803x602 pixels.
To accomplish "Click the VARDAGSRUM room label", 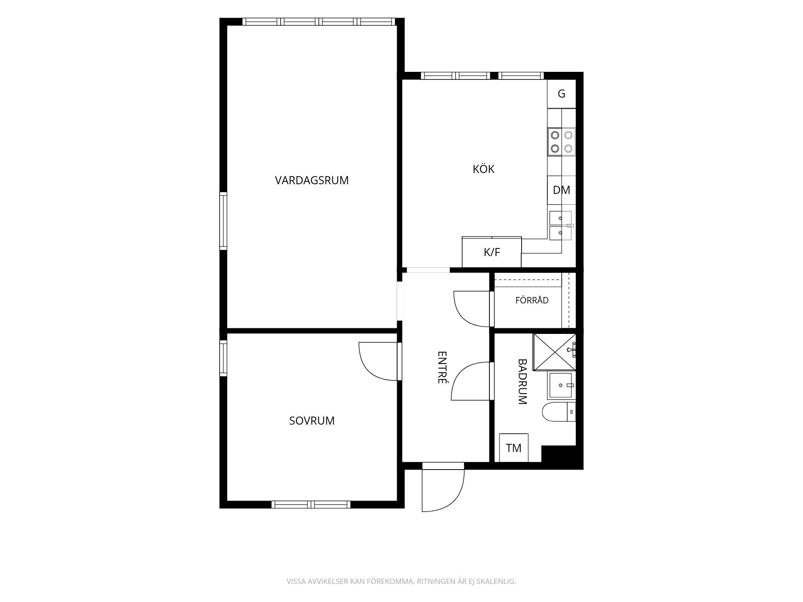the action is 312,181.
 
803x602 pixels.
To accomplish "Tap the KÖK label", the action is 483,169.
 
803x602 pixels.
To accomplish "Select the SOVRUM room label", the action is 312,421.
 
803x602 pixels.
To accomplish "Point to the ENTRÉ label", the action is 442,368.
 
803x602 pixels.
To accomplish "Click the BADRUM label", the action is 522,382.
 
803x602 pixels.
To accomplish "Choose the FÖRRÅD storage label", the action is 532,300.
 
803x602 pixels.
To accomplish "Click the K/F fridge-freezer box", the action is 492,252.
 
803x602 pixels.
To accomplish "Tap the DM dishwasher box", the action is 561,190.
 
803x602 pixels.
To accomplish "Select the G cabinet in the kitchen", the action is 561,94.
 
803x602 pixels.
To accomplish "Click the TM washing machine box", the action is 514,447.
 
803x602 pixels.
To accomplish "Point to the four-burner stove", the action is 561,142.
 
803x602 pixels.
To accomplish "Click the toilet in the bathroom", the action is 558,412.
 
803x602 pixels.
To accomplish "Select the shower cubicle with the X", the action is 554,352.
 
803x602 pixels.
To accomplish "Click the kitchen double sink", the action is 560,226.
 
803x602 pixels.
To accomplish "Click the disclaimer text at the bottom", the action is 401,581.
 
